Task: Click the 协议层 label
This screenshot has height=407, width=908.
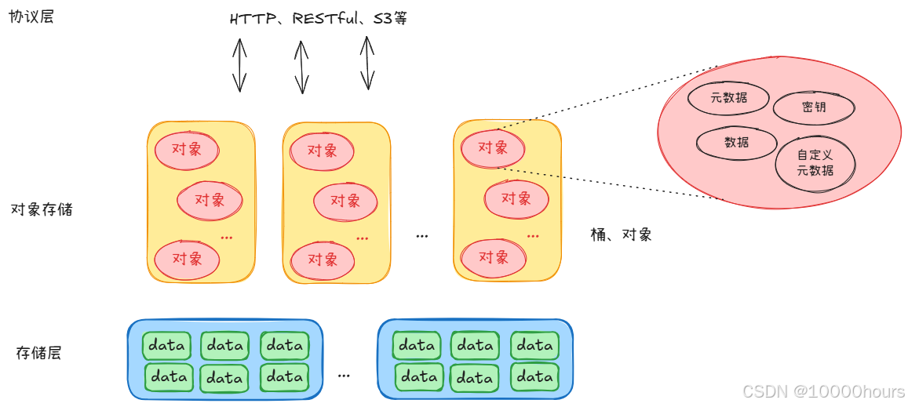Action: (31, 16)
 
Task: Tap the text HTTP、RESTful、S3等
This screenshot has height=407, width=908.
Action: (319, 18)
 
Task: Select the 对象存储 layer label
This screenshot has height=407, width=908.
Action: (42, 209)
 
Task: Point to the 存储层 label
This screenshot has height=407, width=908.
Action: (38, 353)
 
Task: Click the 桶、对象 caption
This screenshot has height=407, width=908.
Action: (621, 234)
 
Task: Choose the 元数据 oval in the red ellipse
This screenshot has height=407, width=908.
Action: (728, 97)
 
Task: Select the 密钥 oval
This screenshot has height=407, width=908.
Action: (813, 107)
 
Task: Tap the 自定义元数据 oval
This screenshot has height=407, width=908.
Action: (815, 163)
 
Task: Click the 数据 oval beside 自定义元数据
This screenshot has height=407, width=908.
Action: (736, 143)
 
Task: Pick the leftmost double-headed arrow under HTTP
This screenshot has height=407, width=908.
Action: (239, 65)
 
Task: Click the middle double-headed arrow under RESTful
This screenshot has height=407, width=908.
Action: (301, 67)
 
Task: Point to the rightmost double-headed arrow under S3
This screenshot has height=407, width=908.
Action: (366, 63)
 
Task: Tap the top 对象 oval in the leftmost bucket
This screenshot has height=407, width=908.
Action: (187, 149)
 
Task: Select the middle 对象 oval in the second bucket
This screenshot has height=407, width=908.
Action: (345, 202)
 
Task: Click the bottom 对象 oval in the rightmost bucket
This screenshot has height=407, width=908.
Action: (493, 257)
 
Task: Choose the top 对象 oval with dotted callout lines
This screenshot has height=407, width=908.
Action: (493, 147)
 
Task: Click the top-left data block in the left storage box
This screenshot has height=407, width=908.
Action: (166, 345)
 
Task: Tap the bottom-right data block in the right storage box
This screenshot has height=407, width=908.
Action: (534, 376)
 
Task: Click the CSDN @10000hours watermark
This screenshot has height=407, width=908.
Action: (823, 391)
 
